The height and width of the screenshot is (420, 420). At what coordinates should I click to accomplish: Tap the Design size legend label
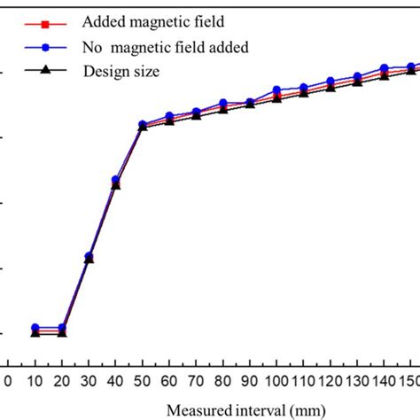(121, 71)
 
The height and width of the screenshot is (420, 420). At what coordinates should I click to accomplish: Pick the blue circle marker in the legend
(35, 46)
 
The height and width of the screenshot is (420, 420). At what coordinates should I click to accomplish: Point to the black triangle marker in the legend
(35, 70)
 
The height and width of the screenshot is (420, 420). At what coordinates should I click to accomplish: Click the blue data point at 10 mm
(35, 328)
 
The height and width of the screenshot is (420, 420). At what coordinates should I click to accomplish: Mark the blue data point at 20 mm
(61, 328)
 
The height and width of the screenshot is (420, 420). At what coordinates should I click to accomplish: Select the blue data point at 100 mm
(276, 90)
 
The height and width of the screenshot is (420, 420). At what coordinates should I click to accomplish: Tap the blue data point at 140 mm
(384, 68)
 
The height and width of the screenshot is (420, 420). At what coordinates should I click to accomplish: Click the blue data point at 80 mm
(222, 104)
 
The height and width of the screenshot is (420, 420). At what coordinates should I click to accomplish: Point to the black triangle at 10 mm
(35, 333)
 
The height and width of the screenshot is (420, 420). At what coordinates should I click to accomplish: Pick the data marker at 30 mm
(89, 258)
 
